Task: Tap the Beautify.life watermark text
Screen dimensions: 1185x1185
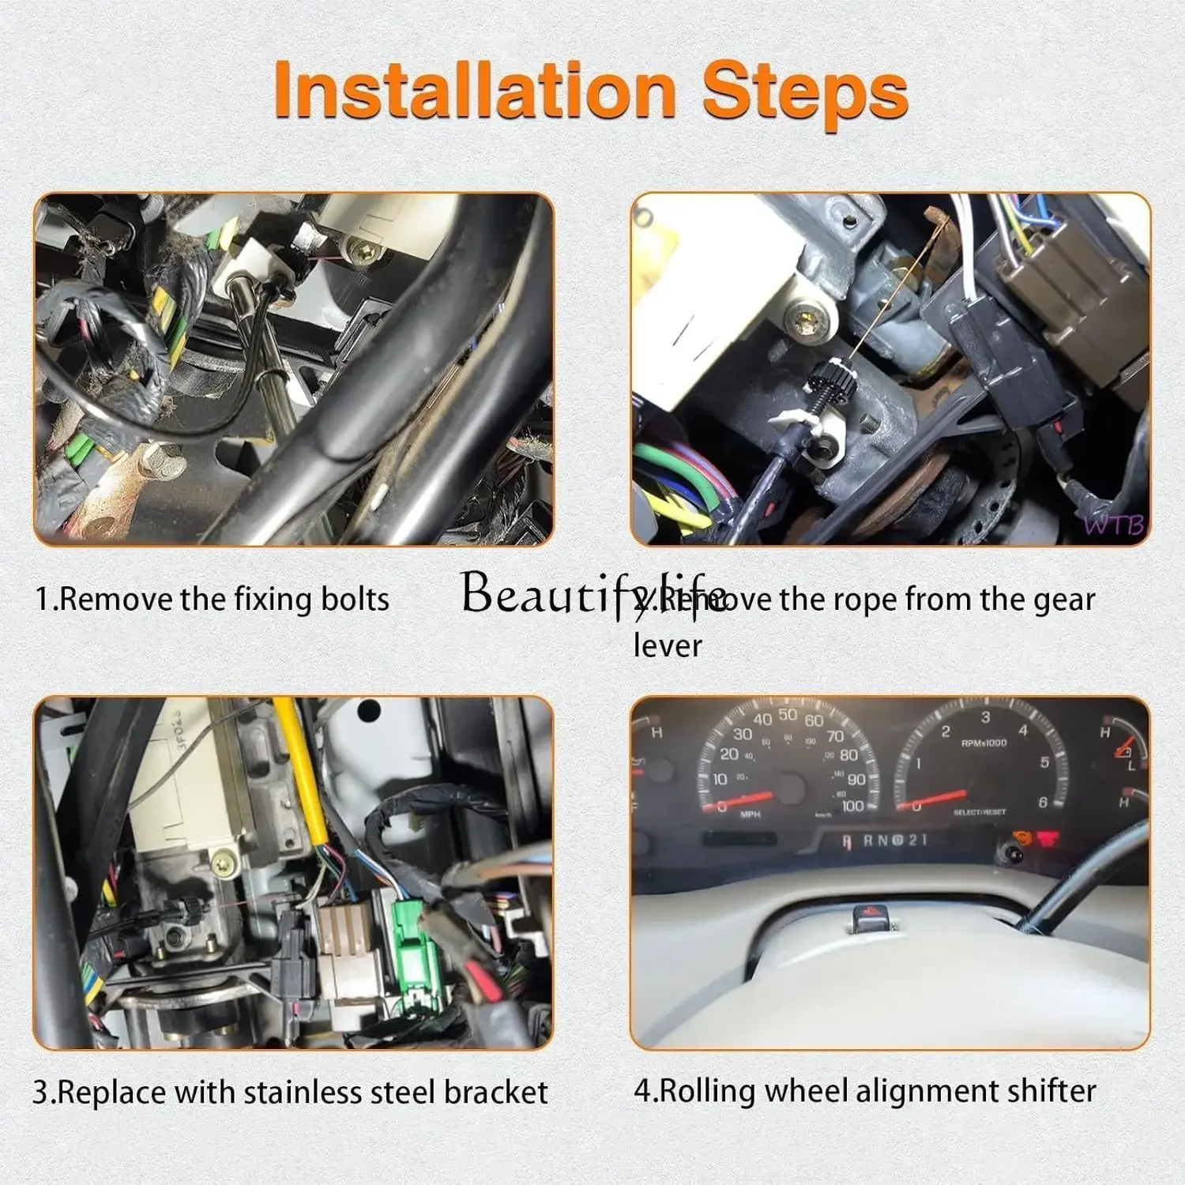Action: click(x=592, y=592)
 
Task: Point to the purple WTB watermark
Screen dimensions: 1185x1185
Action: click(x=1114, y=525)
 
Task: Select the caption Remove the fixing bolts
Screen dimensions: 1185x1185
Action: click(x=212, y=599)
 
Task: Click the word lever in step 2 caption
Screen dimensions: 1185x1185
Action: click(x=668, y=645)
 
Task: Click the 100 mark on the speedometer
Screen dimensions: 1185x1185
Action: click(x=852, y=806)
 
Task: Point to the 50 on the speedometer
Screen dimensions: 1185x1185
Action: click(x=788, y=715)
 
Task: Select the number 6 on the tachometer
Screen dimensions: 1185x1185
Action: click(x=1042, y=803)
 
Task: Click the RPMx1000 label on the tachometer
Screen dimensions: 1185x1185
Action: click(x=984, y=743)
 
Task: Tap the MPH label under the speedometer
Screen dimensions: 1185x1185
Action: click(x=750, y=814)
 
